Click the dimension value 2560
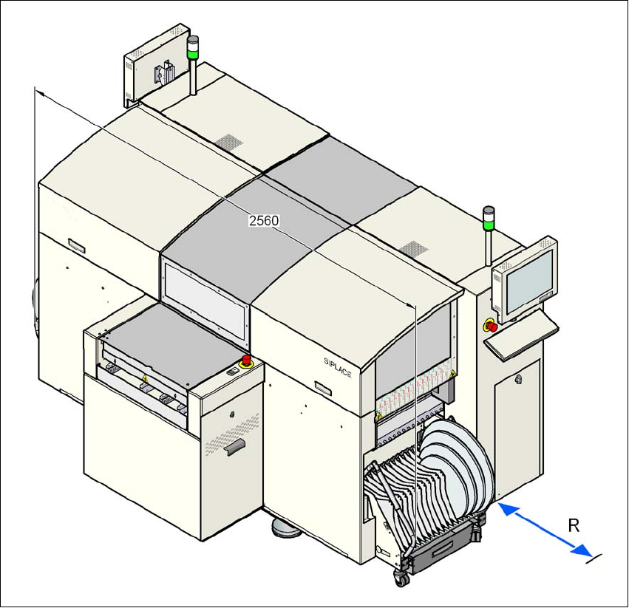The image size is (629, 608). pyautogui.click(x=264, y=220)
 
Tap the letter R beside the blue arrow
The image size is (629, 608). pyautogui.click(x=573, y=525)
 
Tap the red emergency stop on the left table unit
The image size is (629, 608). pyautogui.click(x=246, y=361)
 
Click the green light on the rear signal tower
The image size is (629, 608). pyautogui.click(x=193, y=52)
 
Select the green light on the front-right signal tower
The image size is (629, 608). pyautogui.click(x=488, y=222)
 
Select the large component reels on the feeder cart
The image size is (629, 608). pyautogui.click(x=453, y=458)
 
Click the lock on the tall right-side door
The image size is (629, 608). pyautogui.click(x=517, y=380)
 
